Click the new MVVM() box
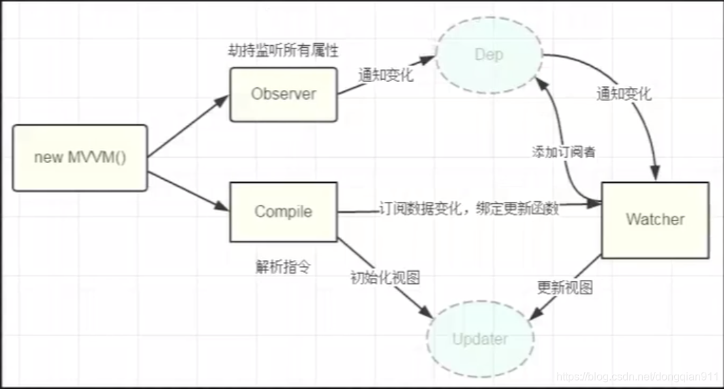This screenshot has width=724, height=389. [x=80, y=157]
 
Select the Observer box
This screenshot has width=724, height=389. [x=283, y=94]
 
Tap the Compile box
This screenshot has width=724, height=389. [x=283, y=212]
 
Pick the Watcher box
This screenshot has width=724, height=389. [x=654, y=219]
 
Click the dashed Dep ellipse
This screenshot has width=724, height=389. [x=489, y=55]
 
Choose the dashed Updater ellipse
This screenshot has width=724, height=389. [x=480, y=338]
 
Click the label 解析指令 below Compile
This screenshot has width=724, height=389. [x=282, y=266]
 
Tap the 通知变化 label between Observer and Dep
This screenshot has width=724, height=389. [x=386, y=75]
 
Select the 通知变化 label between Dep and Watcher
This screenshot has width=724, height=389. [x=623, y=94]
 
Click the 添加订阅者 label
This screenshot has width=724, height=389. [x=563, y=152]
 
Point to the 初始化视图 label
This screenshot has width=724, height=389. [x=384, y=278]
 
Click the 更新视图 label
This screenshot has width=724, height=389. [x=564, y=287]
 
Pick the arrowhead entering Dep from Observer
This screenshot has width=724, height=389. [x=427, y=60]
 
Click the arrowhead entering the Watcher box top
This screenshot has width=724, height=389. [x=656, y=175]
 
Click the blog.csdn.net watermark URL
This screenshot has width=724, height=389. [x=637, y=376]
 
